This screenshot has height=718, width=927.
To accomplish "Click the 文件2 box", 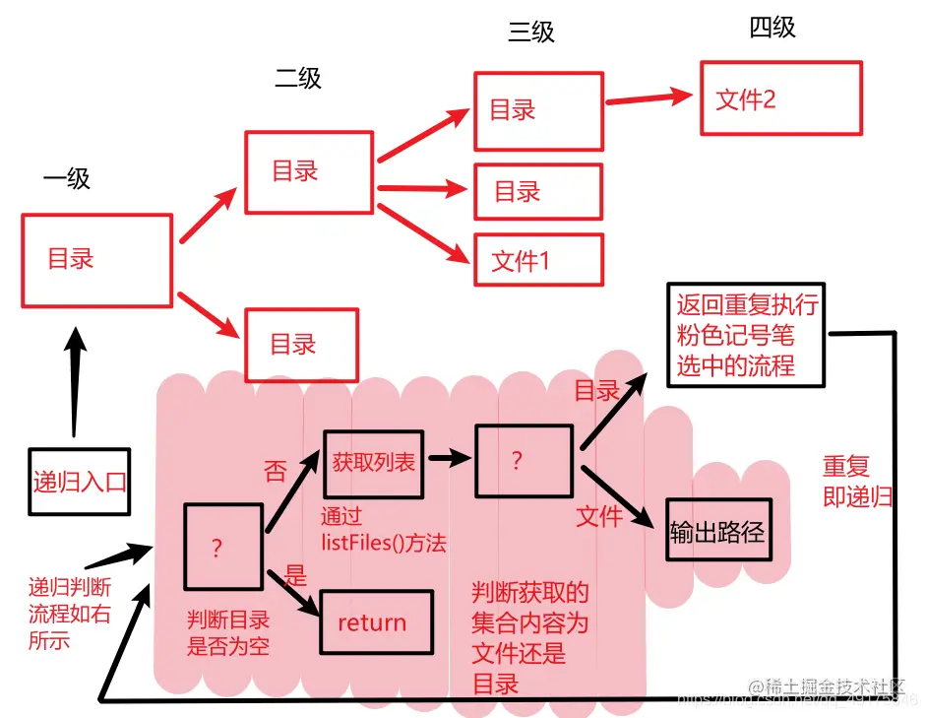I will (780, 98).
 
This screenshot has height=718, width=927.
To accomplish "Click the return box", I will (376, 622).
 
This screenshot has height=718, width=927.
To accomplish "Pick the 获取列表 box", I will (373, 463).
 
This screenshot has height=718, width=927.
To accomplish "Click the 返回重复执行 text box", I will (747, 335).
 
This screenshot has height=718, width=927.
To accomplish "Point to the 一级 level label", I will (66, 178).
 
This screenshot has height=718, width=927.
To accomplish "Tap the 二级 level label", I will (297, 78).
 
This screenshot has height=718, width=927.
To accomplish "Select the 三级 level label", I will (531, 33).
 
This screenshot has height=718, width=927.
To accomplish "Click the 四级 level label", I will (772, 28).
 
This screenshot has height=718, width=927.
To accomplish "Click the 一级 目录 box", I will (96, 259).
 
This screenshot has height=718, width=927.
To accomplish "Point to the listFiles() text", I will (383, 542).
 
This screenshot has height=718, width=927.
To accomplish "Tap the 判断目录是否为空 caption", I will (228, 633).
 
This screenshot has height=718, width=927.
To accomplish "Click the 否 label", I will (276, 471).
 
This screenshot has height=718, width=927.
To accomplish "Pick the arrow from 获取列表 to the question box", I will (447, 459).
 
